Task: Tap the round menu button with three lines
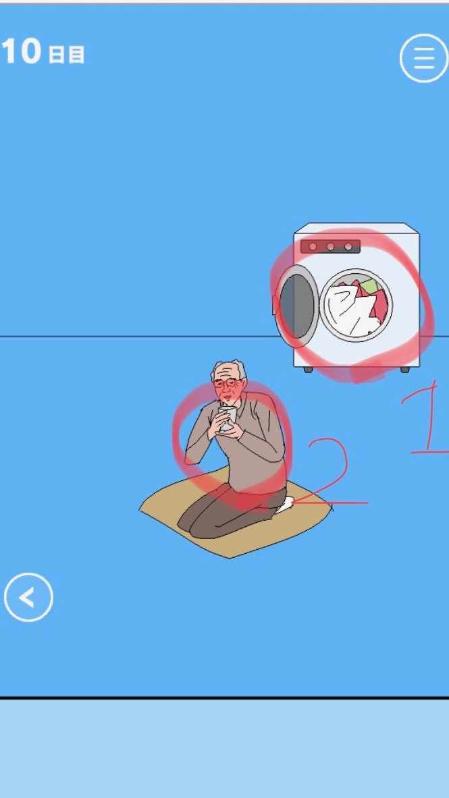pos(423,58)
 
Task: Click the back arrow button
pos(28,597)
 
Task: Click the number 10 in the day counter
pos(21,51)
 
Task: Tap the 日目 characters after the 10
pos(66,55)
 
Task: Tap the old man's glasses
pos(228,382)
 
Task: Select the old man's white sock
pos(284,505)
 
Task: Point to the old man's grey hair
pos(229,369)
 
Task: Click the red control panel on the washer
pos(330,246)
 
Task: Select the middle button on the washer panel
pos(330,247)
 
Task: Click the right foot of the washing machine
pos(404,370)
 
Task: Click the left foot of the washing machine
pos(309,370)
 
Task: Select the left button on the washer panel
pos(313,247)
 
